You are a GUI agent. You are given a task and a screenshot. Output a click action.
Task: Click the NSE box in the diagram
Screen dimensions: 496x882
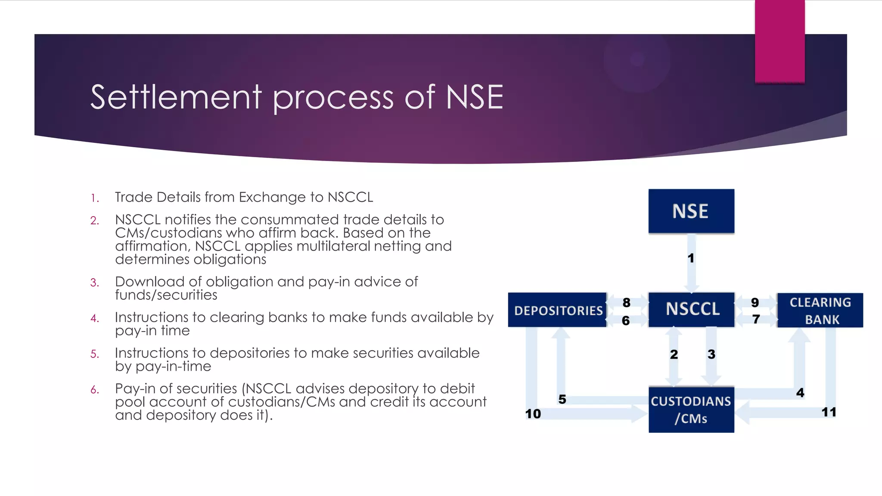click(x=691, y=211)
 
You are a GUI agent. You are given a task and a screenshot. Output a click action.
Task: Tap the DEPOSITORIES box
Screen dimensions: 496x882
click(x=557, y=310)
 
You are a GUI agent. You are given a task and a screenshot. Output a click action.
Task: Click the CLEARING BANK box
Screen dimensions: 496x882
click(x=820, y=310)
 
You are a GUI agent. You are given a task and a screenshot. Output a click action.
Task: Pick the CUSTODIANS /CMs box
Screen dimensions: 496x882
click(x=691, y=409)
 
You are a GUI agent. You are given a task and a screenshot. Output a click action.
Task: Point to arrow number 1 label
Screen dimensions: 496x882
click(x=691, y=258)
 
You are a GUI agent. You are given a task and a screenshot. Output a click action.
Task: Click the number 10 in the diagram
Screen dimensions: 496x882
click(x=533, y=414)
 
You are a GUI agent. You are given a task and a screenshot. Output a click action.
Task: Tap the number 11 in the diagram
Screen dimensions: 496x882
click(x=829, y=412)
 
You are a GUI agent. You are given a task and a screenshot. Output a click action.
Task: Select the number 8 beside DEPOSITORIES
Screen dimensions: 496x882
click(x=626, y=303)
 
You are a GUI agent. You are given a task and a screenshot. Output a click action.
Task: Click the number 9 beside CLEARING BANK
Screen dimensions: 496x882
click(x=755, y=303)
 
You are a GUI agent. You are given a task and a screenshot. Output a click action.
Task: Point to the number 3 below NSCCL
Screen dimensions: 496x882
click(x=711, y=354)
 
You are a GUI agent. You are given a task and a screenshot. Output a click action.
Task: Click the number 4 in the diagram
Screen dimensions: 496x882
click(x=800, y=393)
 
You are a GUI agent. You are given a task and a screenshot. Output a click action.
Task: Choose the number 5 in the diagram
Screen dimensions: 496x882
click(x=562, y=399)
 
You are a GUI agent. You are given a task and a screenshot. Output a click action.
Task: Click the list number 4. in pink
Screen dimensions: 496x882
click(x=95, y=319)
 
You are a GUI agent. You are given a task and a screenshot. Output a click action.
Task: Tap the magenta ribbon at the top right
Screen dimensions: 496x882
click(x=780, y=41)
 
